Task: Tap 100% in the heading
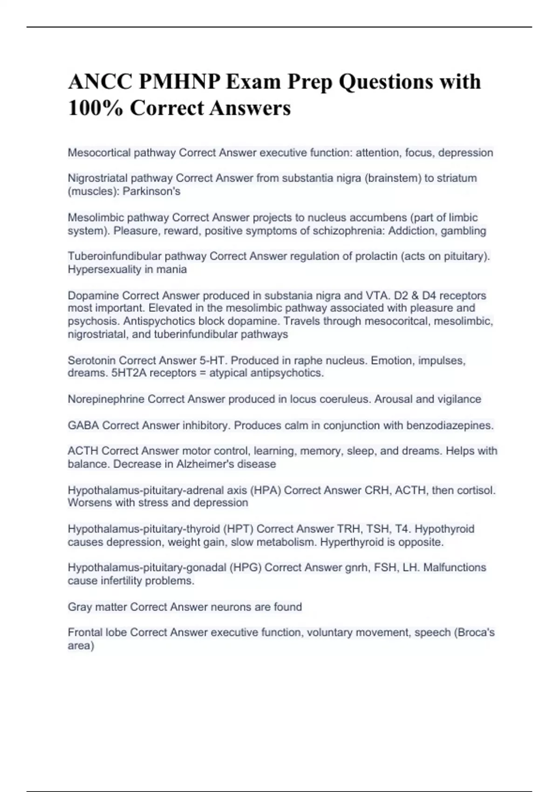[95, 108]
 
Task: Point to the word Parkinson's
[151, 191]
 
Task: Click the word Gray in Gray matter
[80, 607]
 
